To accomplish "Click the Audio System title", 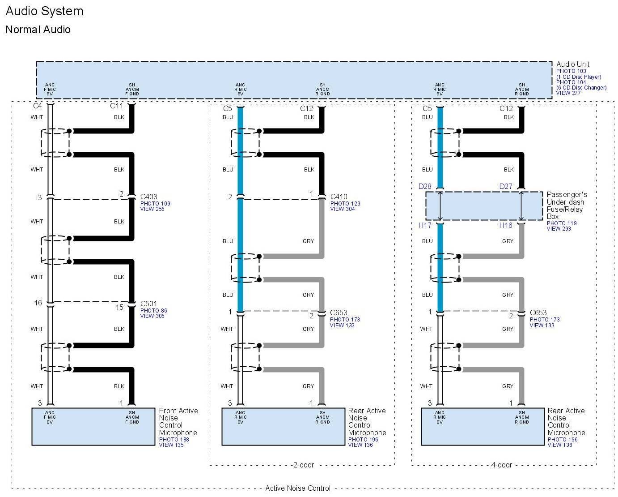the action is (x=44, y=11).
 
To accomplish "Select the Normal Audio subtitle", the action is (x=38, y=30).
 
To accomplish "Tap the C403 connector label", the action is (x=148, y=197).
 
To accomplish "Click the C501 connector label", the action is (x=148, y=304).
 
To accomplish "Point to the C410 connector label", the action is (x=339, y=197).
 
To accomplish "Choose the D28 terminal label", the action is (x=425, y=186).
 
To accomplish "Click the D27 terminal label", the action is (x=506, y=186).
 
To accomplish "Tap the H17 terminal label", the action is (x=425, y=225).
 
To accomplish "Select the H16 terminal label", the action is (x=506, y=225).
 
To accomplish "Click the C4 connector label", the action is (x=38, y=106).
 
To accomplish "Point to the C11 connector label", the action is (x=116, y=106).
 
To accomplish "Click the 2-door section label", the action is (x=304, y=465).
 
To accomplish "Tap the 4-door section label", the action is (x=501, y=465).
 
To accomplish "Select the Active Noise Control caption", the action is (x=298, y=488).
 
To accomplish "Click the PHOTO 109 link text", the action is (x=155, y=204).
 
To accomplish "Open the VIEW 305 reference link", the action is (x=152, y=316).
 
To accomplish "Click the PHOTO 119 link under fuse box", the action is (x=562, y=223).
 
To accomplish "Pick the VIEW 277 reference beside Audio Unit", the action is (x=568, y=93).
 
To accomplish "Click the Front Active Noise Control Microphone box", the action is (x=93, y=427).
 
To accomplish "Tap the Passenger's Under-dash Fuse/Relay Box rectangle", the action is (x=484, y=206).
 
